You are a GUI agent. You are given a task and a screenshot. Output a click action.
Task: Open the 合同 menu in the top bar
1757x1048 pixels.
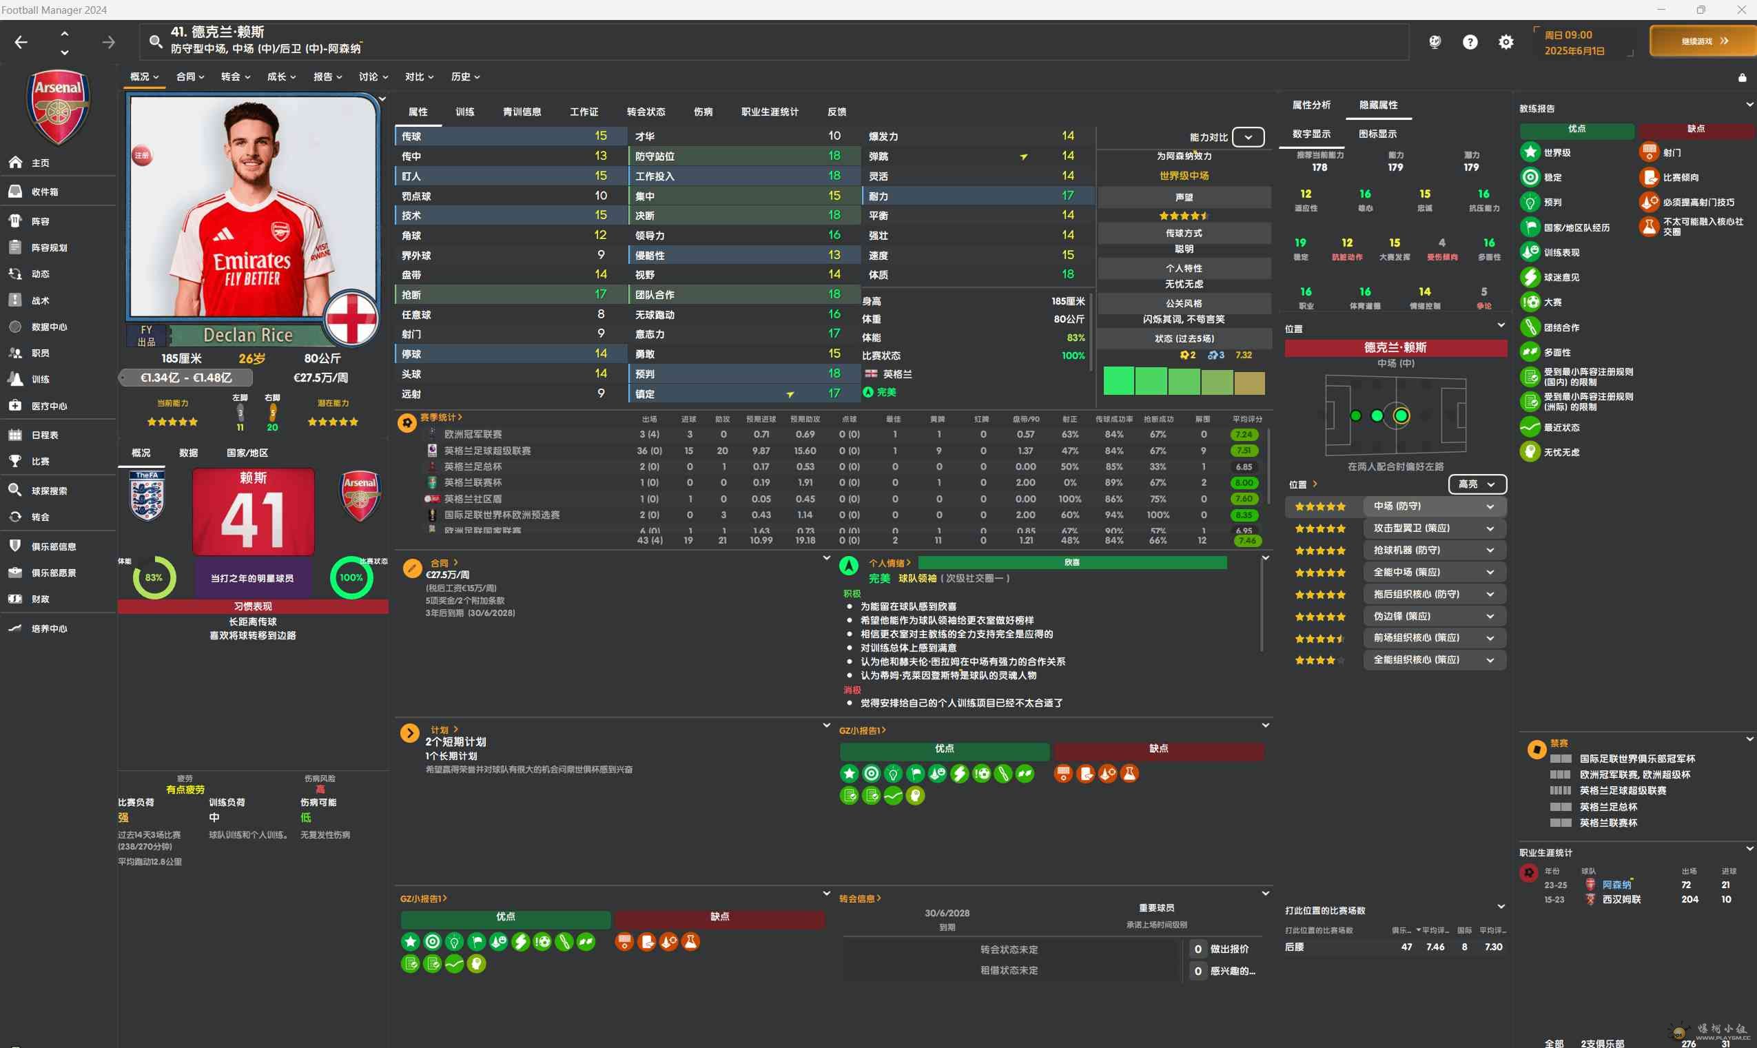pos(189,76)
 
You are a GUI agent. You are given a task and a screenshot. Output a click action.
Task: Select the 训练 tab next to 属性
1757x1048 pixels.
pos(464,112)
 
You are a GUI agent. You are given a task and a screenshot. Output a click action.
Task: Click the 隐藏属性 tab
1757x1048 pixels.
pos(1378,105)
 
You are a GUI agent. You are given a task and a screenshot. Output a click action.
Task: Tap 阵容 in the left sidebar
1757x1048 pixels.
pos(40,221)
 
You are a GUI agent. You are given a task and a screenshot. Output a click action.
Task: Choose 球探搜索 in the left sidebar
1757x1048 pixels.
pos(49,490)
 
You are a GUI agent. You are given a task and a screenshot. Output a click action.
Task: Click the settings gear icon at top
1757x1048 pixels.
pos(1506,42)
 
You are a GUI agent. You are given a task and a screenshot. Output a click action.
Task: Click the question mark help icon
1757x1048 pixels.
pos(1470,42)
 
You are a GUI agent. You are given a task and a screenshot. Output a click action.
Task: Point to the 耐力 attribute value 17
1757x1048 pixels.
pos(1067,196)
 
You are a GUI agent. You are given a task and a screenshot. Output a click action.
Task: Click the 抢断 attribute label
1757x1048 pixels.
pos(412,294)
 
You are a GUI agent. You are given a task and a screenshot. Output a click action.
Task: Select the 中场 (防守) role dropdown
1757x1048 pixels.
pos(1434,506)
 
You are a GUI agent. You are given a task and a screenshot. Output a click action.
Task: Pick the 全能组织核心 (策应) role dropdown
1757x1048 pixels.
pos(1434,659)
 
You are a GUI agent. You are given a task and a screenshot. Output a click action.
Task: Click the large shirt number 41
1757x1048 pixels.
pos(253,519)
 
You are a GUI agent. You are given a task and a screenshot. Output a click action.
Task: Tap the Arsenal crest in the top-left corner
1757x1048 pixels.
pos(58,106)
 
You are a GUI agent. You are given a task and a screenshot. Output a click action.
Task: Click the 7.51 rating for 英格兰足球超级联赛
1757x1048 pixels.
pos(1243,451)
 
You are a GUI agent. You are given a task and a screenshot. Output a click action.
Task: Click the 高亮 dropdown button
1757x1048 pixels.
pos(1477,484)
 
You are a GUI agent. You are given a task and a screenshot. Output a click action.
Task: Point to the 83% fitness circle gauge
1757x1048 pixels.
pos(154,577)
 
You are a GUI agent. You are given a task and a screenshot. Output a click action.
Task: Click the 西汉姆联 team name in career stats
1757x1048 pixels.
pos(1621,899)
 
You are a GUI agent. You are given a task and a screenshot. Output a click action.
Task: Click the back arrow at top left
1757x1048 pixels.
pos(21,42)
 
